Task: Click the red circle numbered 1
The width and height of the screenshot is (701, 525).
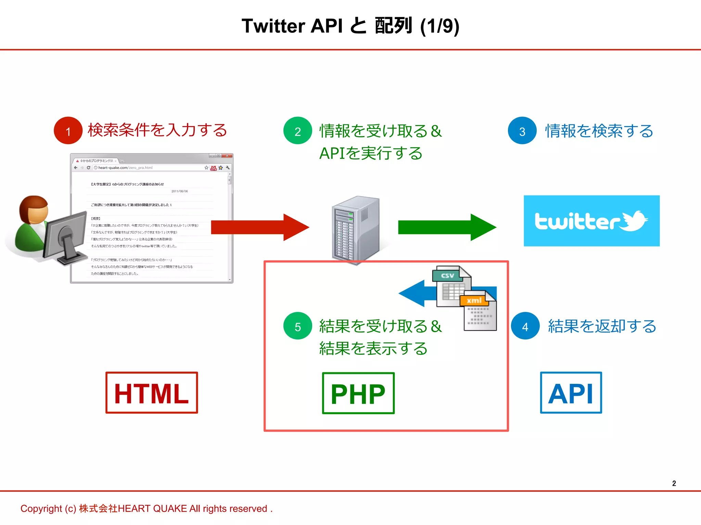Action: click(x=68, y=131)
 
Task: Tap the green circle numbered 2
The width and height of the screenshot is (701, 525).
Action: click(x=297, y=131)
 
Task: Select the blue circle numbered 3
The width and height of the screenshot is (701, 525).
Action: click(x=522, y=131)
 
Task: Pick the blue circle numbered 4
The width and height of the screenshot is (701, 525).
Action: click(x=525, y=326)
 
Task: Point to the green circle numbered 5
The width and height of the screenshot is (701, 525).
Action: click(x=297, y=326)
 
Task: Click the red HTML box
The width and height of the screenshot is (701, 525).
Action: click(x=152, y=393)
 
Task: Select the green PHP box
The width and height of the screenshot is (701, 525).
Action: click(x=358, y=393)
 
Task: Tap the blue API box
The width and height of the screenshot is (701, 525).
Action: click(x=571, y=393)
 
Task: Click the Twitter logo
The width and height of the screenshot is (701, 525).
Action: click(x=591, y=221)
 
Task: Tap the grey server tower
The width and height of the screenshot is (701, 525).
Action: click(x=356, y=229)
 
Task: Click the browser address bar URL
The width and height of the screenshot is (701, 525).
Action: click(x=125, y=168)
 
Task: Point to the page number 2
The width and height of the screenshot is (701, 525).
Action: click(x=674, y=483)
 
